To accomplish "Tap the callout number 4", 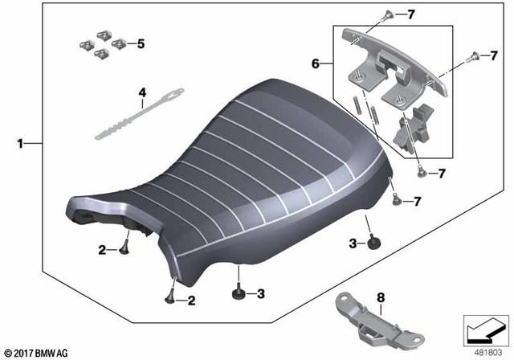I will (141, 93).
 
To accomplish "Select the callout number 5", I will (140, 44).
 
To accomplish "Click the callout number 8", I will (381, 299).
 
